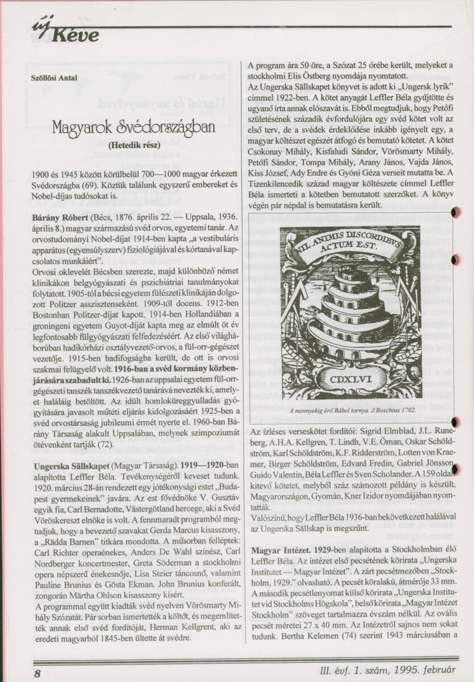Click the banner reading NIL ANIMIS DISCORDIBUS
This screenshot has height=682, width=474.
349,246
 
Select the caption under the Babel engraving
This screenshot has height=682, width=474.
352,409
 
